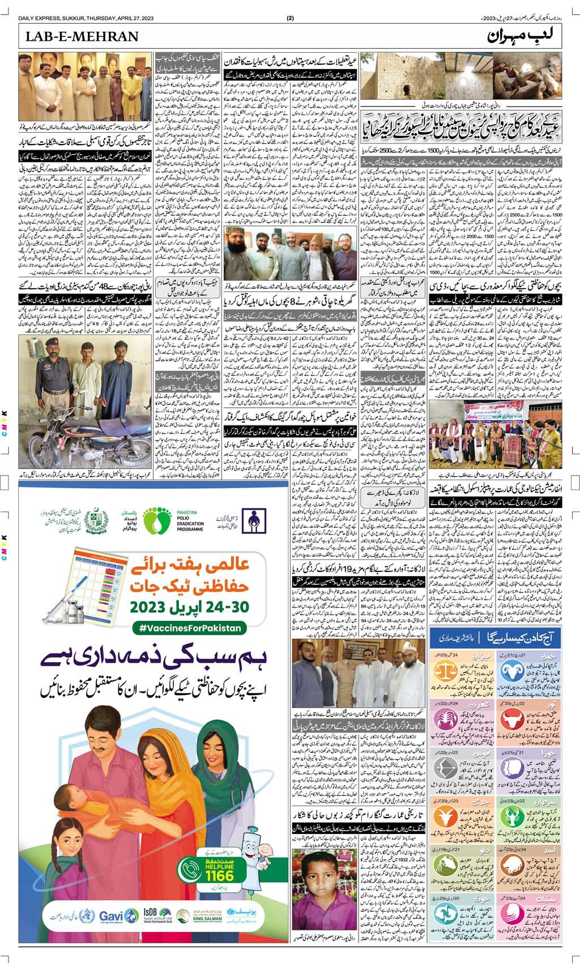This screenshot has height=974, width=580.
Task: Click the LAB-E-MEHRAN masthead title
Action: point(79,38)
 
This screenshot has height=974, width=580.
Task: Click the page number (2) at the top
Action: point(290,18)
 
